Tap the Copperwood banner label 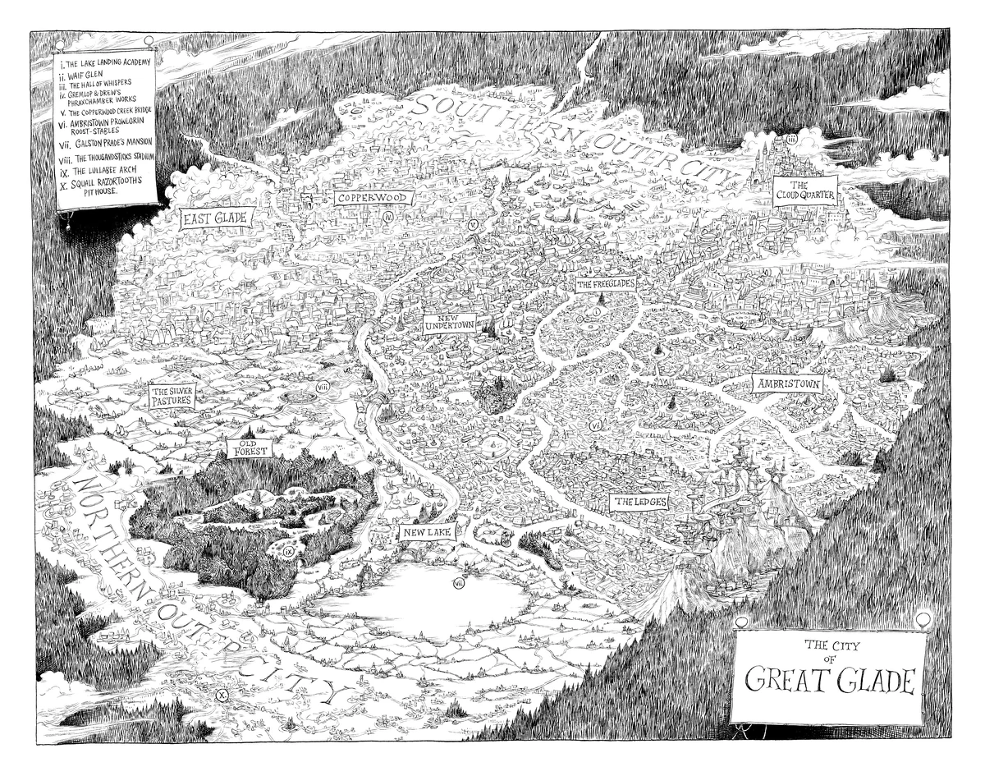[x=373, y=198]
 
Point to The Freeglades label [x=606, y=285]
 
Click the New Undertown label [x=450, y=322]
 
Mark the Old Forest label [x=247, y=446]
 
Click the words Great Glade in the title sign [x=829, y=681]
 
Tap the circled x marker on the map [x=221, y=696]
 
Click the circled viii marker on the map [x=323, y=387]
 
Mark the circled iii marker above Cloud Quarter [x=791, y=140]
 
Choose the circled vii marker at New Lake [x=458, y=583]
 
